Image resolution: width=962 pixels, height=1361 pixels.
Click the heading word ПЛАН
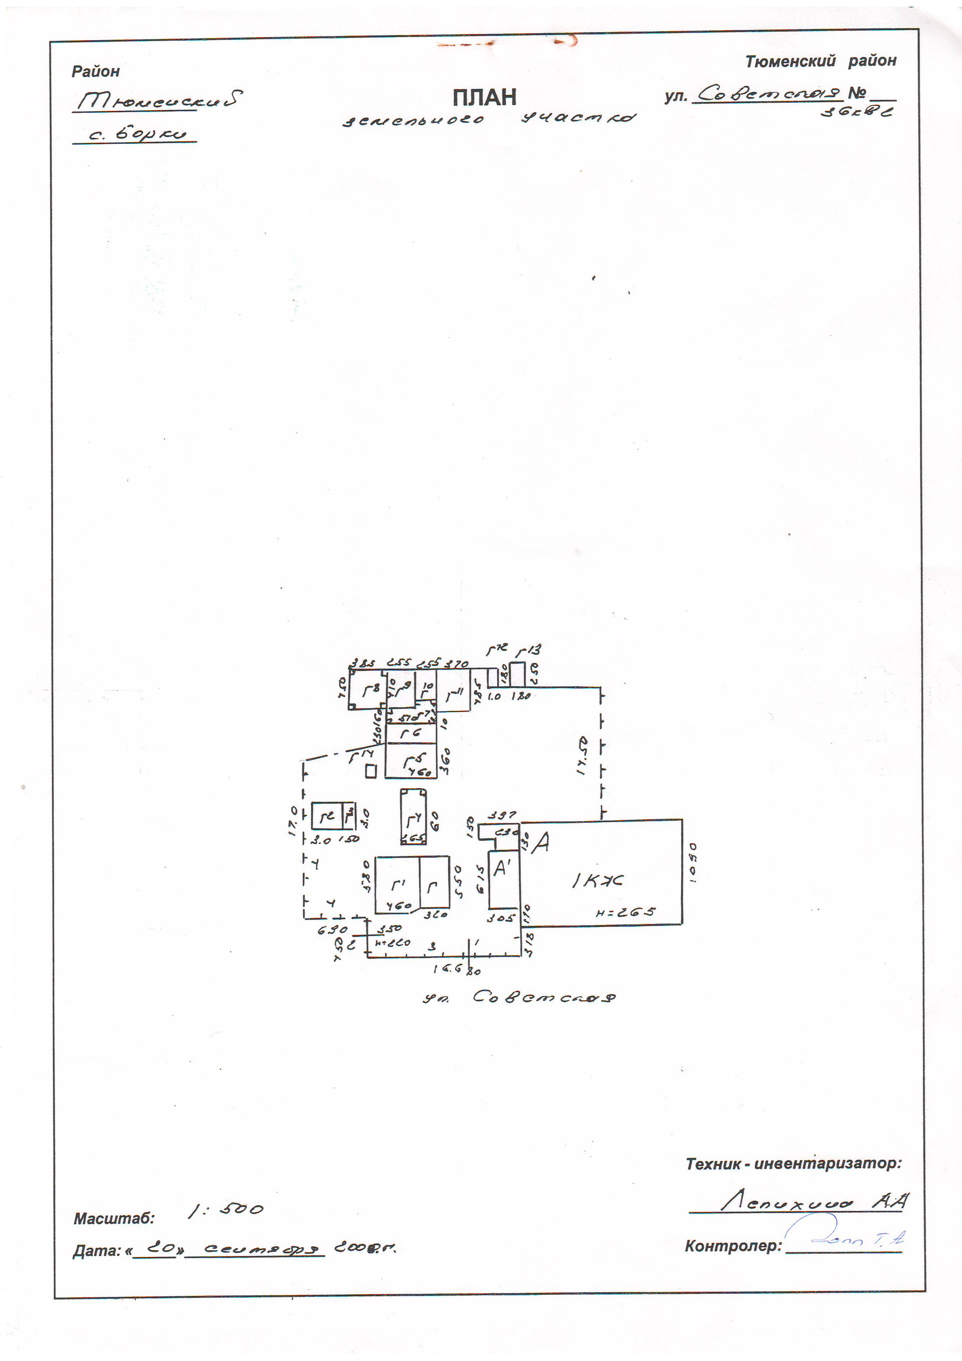[485, 97]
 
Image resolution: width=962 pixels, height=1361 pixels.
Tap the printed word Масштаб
[113, 1219]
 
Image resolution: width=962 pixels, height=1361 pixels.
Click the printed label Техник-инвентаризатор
[793, 1164]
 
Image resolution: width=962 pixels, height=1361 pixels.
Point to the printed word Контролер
[733, 1247]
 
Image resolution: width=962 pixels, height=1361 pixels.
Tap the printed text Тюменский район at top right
[820, 61]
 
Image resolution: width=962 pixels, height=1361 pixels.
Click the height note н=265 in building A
[625, 913]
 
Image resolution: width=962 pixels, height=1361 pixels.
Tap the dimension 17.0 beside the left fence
[293, 820]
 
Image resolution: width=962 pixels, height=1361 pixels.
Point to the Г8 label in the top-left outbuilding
[370, 690]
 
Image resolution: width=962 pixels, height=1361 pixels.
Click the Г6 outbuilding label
[410, 733]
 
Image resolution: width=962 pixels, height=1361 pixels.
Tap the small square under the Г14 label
[371, 771]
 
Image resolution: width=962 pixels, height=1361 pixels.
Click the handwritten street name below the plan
[518, 997]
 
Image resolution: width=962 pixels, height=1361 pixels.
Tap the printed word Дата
[96, 1251]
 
